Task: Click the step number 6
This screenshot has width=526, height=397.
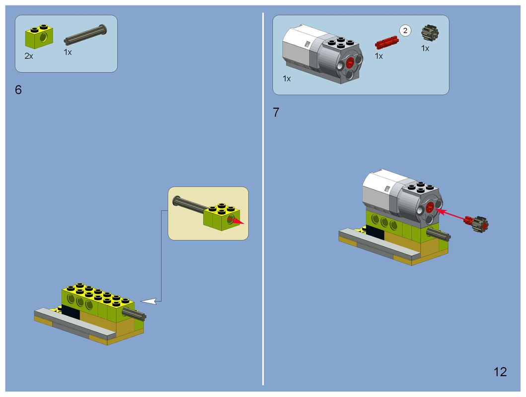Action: point(18,90)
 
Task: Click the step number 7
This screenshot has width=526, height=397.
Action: point(276,113)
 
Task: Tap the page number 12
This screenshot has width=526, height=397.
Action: point(500,372)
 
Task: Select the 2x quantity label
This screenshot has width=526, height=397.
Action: point(29,56)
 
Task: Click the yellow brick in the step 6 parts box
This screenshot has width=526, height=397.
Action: point(39,36)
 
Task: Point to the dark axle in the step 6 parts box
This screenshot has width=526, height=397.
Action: point(85,35)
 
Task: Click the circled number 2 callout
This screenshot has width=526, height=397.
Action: point(405,31)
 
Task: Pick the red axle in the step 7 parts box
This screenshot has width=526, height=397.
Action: point(387,43)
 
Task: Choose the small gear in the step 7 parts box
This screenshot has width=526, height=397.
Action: point(430,32)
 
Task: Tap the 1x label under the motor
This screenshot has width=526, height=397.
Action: point(287,79)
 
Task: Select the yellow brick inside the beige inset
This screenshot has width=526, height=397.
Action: point(222,217)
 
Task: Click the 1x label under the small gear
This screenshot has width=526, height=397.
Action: point(425,49)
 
